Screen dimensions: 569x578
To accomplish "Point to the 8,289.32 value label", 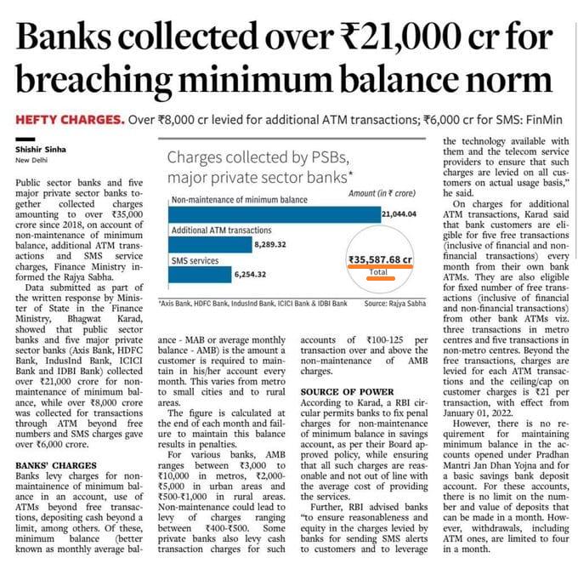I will coord(275,245).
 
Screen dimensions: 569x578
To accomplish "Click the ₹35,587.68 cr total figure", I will coord(380,259).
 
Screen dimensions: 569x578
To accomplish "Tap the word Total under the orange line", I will coord(380,272).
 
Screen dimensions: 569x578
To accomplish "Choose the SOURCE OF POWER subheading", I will coord(347,391).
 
